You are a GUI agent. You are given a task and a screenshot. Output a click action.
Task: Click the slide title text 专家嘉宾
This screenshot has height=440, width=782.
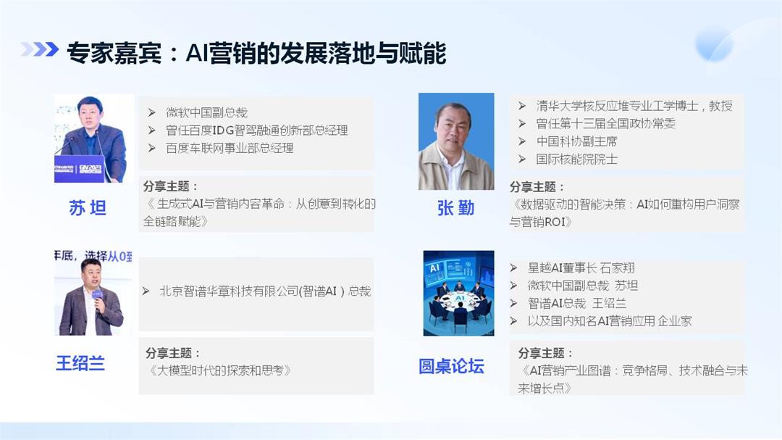(114, 53)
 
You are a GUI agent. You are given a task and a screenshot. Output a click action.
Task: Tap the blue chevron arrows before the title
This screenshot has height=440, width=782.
(40, 49)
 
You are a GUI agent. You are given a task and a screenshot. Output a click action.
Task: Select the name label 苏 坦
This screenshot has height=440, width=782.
(88, 208)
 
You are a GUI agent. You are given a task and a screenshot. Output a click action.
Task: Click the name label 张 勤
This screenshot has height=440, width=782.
(456, 208)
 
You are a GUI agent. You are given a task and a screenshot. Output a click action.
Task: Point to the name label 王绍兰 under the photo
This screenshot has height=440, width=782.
(80, 363)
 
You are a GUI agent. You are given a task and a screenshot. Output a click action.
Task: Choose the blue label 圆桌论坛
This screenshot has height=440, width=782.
(451, 366)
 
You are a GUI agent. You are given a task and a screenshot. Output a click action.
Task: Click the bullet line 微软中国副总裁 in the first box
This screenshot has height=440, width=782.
(206, 113)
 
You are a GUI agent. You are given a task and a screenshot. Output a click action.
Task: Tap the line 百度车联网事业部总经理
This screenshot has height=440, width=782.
(230, 149)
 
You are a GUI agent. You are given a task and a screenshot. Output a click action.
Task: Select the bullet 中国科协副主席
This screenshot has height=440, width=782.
(576, 141)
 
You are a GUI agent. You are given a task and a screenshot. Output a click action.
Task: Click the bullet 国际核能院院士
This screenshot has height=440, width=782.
(576, 159)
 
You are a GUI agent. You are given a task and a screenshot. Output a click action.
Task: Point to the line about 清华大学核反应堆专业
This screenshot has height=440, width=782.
(634, 106)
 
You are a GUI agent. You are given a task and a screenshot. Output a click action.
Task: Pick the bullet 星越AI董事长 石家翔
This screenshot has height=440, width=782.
(581, 268)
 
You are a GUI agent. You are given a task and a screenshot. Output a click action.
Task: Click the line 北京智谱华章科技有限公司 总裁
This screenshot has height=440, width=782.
(265, 291)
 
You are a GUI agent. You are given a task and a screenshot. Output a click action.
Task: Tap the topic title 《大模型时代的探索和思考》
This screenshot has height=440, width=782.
(219, 370)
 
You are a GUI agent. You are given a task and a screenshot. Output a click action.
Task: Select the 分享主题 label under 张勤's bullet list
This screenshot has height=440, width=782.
(537, 187)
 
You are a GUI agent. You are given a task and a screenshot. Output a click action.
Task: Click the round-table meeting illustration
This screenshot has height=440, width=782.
(459, 293)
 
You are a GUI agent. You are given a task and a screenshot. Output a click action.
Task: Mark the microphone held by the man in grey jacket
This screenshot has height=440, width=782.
(97, 298)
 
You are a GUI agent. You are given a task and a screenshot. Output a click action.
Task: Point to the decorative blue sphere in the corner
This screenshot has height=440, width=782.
(714, 43)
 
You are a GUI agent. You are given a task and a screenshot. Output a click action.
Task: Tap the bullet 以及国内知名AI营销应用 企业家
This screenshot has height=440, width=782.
(610, 321)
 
